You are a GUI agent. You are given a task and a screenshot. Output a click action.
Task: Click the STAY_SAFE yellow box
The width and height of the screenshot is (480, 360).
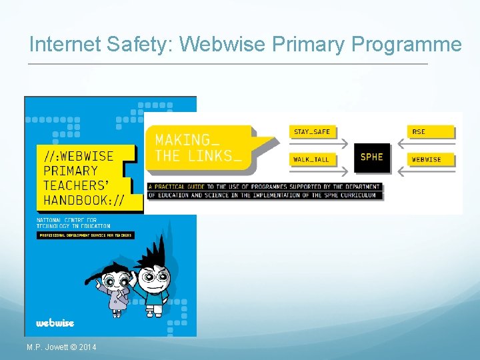[x=312, y=131]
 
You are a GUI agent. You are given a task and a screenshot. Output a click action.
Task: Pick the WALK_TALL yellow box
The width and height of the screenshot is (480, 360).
[x=311, y=159]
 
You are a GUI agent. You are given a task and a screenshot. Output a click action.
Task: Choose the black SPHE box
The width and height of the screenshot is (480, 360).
[x=371, y=157]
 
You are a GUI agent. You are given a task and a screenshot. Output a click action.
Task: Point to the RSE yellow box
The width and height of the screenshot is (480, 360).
[x=431, y=131]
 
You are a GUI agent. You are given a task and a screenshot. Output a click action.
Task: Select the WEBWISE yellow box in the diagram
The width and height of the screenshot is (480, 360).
[x=431, y=159]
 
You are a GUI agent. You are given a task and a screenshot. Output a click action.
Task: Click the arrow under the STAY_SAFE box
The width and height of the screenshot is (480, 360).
[x=319, y=144]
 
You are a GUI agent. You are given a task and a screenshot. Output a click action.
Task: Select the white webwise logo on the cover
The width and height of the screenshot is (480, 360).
[x=55, y=323]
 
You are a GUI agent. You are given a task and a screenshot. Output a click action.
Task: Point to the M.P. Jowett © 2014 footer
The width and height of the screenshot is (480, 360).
[x=61, y=347]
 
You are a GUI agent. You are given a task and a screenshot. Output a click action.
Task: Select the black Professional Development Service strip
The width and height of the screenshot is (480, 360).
[x=85, y=235]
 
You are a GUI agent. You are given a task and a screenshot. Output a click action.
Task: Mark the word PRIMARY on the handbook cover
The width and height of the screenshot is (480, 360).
[x=71, y=170]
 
